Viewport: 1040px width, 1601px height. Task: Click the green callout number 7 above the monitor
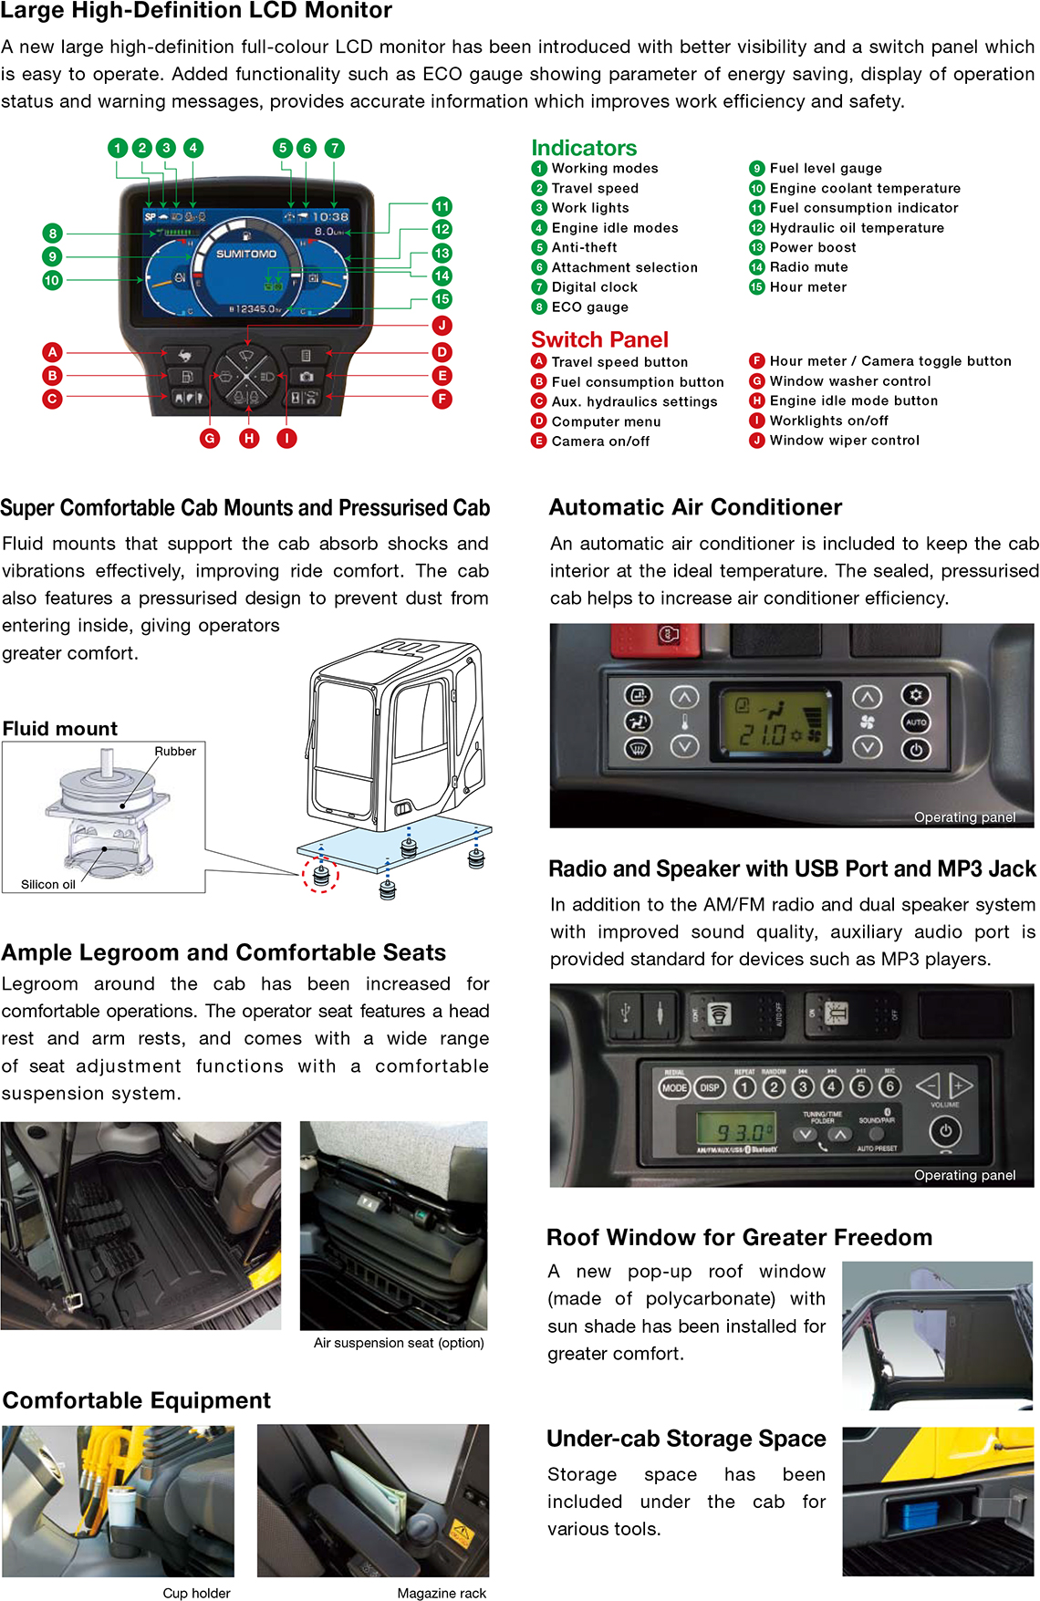click(335, 148)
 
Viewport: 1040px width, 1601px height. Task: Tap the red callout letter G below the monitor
click(210, 438)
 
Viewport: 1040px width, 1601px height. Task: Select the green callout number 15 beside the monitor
click(442, 299)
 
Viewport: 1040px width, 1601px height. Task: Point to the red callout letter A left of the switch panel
click(52, 352)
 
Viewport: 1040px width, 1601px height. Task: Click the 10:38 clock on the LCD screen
click(329, 217)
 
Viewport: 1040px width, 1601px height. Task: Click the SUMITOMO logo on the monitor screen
click(245, 254)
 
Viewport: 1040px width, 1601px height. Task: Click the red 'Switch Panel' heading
click(599, 339)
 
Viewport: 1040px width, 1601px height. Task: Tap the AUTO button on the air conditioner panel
click(916, 722)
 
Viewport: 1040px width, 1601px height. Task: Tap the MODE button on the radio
click(674, 1087)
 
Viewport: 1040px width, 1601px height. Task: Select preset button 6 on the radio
click(889, 1086)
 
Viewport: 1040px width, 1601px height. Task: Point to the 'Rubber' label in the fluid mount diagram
click(175, 752)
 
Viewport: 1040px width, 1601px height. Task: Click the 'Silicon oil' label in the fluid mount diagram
click(48, 885)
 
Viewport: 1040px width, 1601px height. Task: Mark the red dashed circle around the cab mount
click(320, 875)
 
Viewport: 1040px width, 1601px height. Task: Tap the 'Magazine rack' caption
click(442, 1593)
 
